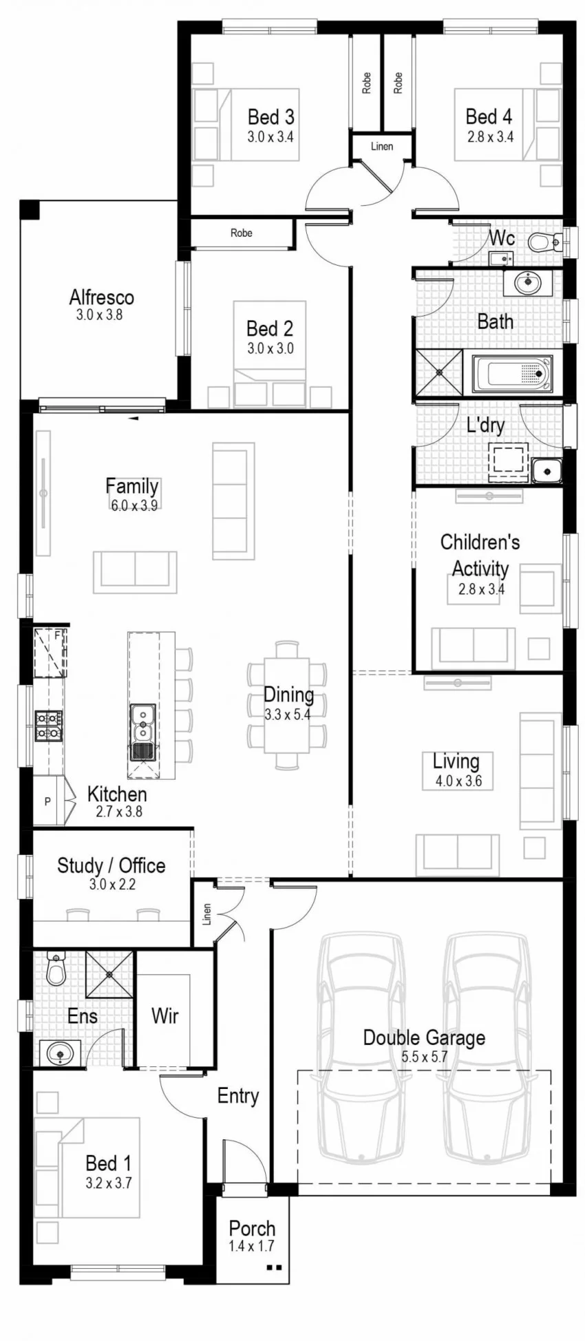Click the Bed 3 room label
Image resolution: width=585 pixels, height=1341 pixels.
click(270, 117)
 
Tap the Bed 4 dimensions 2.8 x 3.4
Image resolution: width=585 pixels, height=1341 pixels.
click(490, 137)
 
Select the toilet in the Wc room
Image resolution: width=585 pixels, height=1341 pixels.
click(546, 242)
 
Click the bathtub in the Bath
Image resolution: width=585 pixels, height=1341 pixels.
click(513, 374)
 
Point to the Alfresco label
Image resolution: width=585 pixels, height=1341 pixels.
click(101, 297)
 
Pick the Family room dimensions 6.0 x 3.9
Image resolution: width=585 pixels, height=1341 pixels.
click(134, 505)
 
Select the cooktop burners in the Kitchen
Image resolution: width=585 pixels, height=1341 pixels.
click(49, 726)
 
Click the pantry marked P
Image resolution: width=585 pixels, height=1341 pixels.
click(48, 801)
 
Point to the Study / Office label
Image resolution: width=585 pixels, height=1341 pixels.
click(111, 865)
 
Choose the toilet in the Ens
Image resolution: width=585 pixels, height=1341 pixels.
click(56, 969)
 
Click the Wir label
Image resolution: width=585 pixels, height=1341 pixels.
click(164, 1015)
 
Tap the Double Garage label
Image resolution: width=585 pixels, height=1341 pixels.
click(424, 1037)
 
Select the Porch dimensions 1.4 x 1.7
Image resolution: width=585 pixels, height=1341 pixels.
click(252, 1246)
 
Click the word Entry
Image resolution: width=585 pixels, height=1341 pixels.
click(238, 1096)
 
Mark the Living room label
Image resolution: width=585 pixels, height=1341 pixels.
click(456, 761)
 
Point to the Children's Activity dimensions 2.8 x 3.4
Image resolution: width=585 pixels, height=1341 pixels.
click(481, 589)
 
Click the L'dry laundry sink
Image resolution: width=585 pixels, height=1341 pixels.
click(547, 471)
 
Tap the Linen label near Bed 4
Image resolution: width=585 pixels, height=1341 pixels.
click(382, 147)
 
